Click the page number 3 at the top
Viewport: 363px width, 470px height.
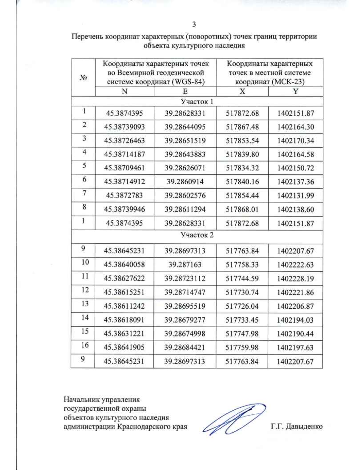(194, 25)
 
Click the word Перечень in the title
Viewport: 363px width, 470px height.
(86, 37)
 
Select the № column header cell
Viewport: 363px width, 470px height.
(83, 77)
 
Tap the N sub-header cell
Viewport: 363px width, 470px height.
(124, 91)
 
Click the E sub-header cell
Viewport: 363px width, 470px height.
(185, 91)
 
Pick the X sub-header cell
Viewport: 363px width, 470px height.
(242, 91)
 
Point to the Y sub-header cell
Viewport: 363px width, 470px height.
(296, 91)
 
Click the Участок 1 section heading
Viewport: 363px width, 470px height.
(197, 101)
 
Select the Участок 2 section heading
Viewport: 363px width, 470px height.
(197, 235)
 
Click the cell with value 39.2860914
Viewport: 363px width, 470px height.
(185, 182)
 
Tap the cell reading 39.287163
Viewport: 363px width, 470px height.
(185, 265)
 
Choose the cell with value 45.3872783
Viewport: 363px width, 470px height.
(124, 196)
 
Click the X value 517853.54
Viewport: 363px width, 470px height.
(242, 141)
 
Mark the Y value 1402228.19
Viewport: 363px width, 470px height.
(295, 278)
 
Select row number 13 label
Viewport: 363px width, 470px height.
(85, 304)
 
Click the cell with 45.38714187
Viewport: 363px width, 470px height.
(124, 154)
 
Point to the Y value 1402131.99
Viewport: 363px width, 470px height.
(296, 196)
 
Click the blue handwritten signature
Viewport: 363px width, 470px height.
(233, 419)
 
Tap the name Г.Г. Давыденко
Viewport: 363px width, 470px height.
(296, 426)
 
